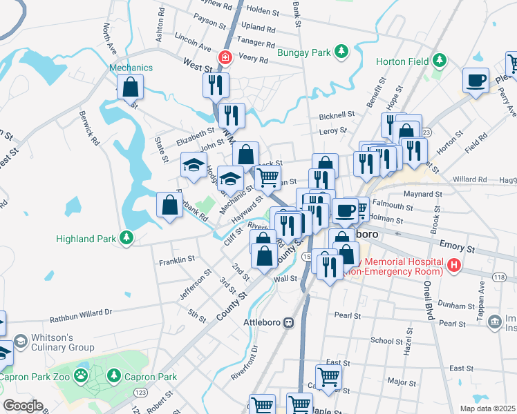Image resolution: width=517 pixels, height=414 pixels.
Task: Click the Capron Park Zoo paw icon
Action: coord(82,376)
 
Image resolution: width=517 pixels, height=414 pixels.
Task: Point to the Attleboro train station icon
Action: coord(288,322)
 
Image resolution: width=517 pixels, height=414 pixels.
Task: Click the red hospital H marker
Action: coord(453,264)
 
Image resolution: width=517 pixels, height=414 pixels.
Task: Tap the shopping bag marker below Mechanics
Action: coord(130,88)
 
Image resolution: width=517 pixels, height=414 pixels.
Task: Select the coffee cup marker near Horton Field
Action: coord(476,80)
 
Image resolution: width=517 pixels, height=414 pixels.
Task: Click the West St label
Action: coord(197,64)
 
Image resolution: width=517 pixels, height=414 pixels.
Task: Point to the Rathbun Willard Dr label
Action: coord(81,316)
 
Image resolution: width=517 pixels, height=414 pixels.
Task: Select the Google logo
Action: coord(23,406)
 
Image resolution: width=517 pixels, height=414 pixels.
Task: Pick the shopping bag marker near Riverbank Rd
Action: coord(170,204)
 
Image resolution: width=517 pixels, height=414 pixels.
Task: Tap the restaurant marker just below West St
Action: coord(216,85)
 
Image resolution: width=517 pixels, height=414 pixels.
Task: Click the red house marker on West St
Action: coord(224,57)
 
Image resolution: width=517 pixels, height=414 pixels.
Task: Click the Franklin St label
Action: coord(177,260)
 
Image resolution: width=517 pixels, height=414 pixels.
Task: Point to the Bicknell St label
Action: coord(337,115)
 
